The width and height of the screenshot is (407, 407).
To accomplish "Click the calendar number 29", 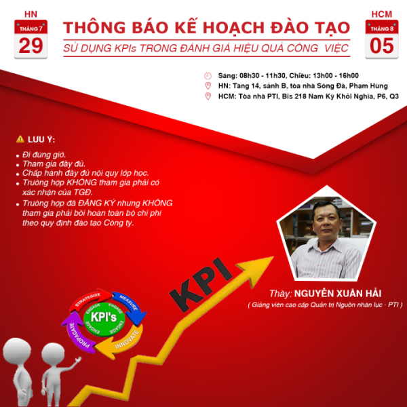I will pos(31,45).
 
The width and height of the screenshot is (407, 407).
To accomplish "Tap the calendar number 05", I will pos(381,45).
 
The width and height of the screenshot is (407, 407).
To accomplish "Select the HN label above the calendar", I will pos(31,13).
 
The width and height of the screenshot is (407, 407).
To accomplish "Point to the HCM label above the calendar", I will pos(381,13).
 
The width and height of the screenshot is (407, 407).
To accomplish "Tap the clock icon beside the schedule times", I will pos(208,75).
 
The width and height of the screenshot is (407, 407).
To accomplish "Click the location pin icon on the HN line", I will pos(208,85).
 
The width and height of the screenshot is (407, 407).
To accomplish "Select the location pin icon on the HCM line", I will pos(208,96).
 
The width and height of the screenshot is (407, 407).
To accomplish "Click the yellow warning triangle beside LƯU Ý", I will pos(20,139).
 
